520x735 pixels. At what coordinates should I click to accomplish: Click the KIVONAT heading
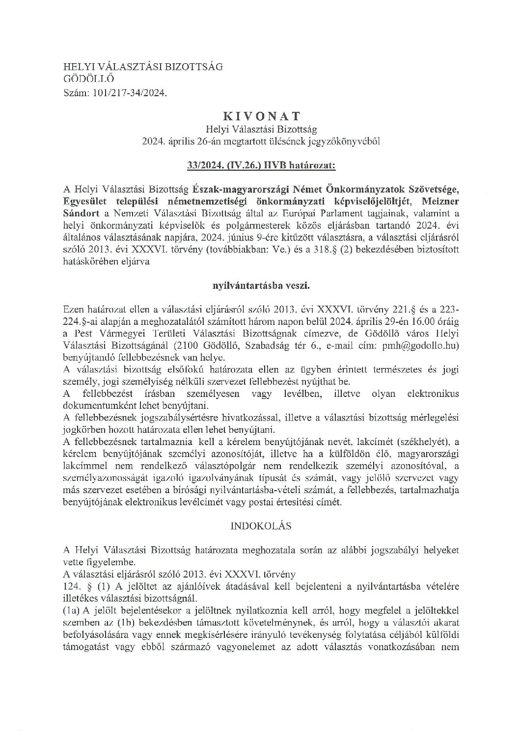click(262, 116)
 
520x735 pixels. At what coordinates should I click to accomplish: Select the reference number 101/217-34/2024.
click(127, 91)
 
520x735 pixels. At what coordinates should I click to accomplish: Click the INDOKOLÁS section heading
click(261, 526)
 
